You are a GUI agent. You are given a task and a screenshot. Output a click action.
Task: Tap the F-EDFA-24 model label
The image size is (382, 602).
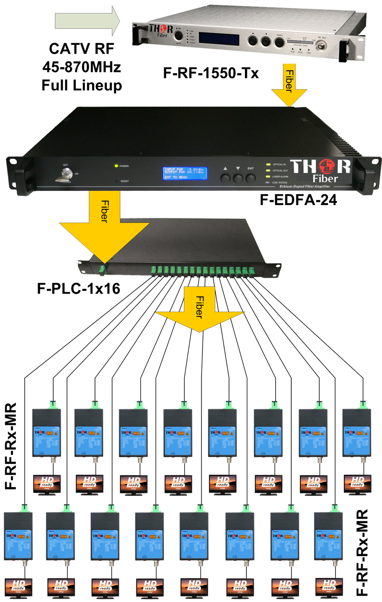(296, 200)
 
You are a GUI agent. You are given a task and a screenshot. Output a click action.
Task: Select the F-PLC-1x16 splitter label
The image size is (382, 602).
(81, 289)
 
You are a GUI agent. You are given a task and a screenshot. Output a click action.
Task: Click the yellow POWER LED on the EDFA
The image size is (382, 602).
(116, 166)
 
